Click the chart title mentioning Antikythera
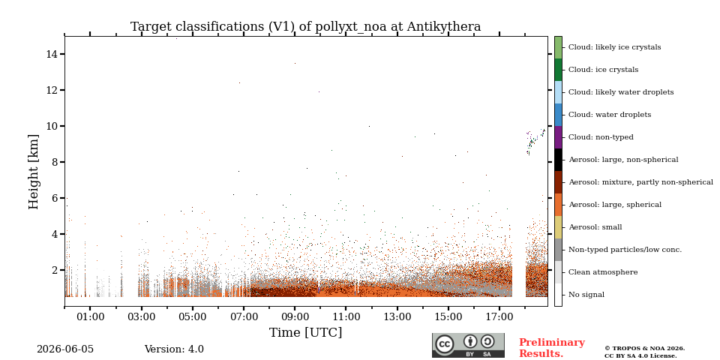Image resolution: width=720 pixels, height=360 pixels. [305, 27]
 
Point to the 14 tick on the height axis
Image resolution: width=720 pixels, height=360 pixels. [62, 54]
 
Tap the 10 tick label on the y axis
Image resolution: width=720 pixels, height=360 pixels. [51, 126]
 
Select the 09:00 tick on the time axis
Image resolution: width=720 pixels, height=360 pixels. [295, 308]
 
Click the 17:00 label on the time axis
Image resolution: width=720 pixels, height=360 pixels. [499, 317]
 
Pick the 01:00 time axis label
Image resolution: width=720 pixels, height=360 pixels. [90, 317]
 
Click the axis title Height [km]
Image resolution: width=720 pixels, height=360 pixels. [34, 172]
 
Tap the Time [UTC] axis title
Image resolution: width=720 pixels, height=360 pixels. [305, 332]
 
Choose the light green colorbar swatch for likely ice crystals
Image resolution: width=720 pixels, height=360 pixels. [558, 47]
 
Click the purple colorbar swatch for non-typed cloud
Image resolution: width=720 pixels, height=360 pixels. [558, 137]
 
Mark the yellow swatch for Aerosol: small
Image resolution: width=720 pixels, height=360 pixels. [558, 227]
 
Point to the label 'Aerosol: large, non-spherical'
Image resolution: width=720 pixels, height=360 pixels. [623, 160]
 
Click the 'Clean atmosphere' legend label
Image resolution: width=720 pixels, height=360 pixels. [603, 272]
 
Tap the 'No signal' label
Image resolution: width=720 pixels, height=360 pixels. [586, 295]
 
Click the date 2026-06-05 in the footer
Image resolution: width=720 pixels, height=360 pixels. [65, 349]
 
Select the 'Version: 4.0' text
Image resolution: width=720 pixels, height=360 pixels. [174, 349]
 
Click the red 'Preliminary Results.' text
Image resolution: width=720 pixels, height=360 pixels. [552, 348]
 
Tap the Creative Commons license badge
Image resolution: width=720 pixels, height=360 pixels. [468, 345]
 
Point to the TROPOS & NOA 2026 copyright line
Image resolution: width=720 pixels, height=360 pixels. [644, 349]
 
